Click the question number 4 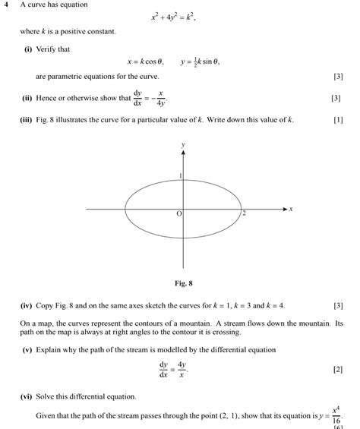tap(5, 5)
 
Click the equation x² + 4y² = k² tap(174, 17)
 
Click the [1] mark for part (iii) tap(338, 120)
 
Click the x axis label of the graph tap(290, 208)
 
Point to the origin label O tap(179, 215)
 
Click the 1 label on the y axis tap(180, 176)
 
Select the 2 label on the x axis tap(244, 214)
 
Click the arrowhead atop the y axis tap(183, 152)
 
